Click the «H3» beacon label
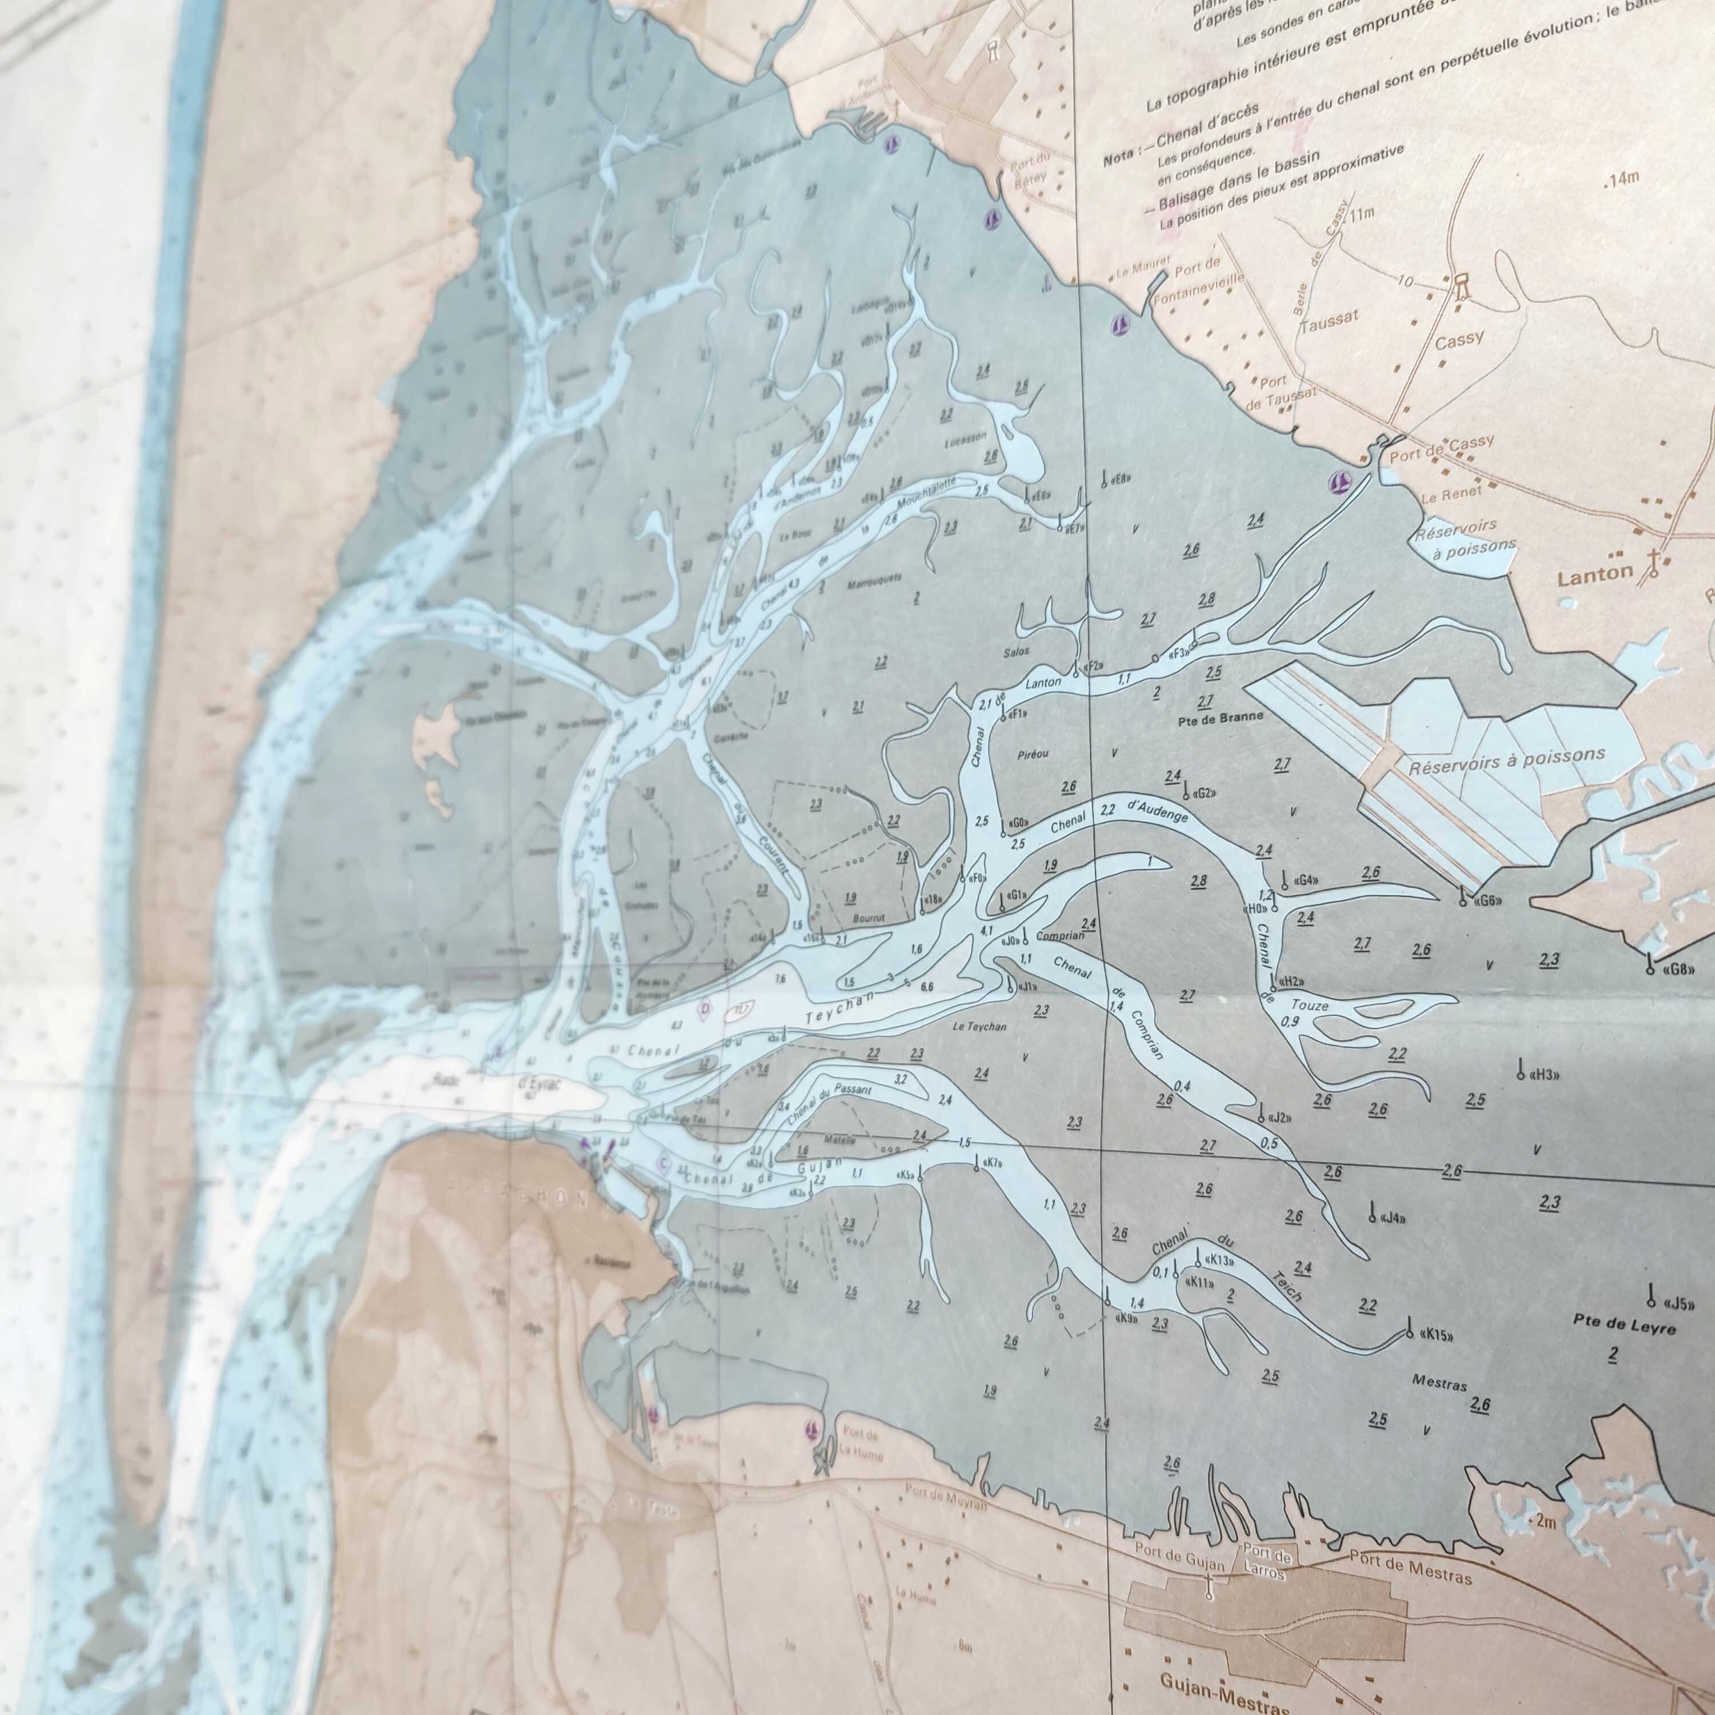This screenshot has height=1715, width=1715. [x=1545, y=1075]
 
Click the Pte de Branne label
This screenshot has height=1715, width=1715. [x=1221, y=716]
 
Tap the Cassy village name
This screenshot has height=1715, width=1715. [x=1458, y=340]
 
